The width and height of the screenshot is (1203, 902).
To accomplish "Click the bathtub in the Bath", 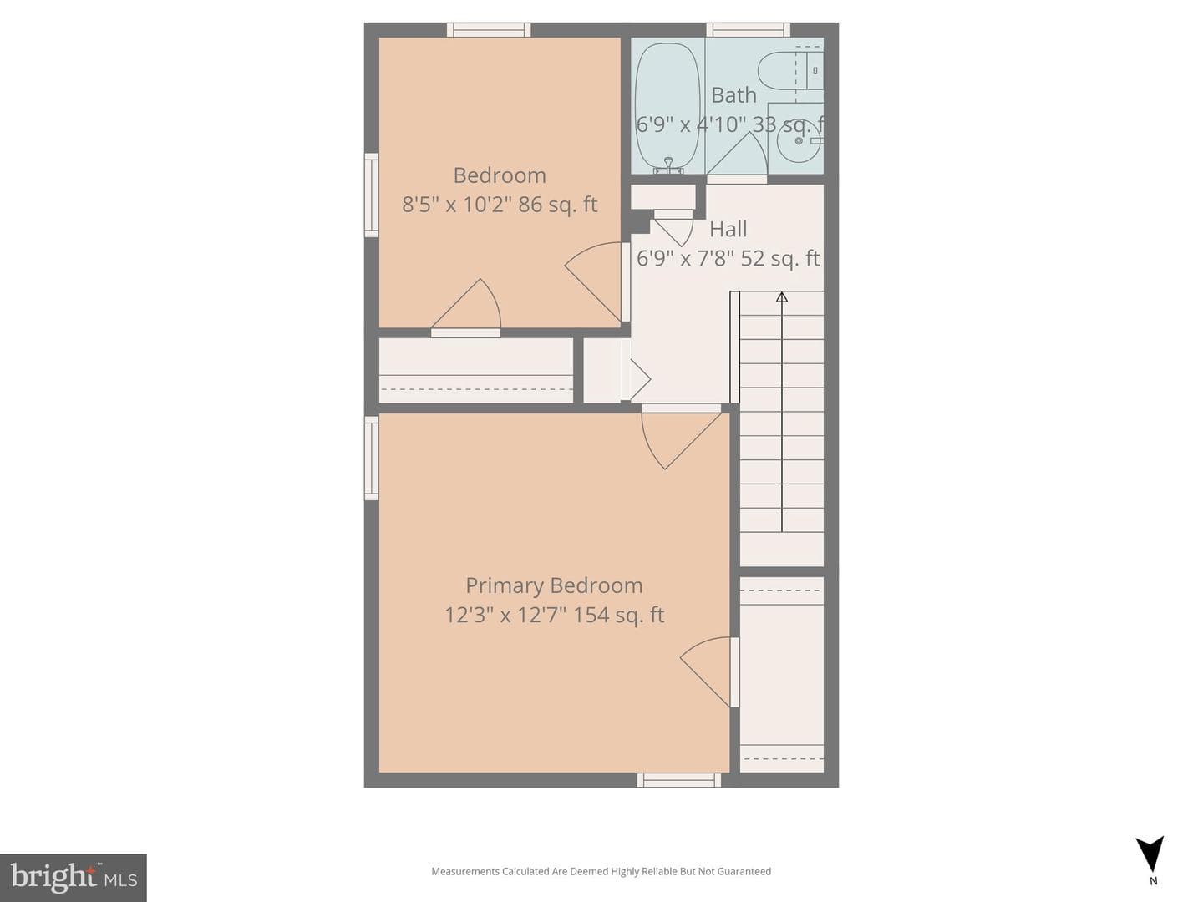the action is [667, 108].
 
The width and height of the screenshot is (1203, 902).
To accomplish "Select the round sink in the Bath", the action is [799, 141].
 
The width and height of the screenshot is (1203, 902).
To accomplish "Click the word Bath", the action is [733, 95].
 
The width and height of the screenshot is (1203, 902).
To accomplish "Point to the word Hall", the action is [728, 229].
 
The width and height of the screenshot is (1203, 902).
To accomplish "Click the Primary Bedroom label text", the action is [554, 585].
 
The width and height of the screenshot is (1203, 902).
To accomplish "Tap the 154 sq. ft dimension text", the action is [619, 615].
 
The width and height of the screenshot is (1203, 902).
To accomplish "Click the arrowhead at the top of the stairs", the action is [782, 296].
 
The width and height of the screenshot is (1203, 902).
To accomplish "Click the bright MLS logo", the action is [74, 878].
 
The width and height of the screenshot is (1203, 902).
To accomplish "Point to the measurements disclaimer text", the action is [601, 871].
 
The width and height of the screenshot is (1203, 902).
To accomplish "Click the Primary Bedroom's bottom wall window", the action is [678, 780].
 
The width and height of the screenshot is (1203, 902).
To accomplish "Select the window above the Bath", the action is [748, 30].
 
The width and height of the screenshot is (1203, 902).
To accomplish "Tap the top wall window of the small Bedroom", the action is [489, 30].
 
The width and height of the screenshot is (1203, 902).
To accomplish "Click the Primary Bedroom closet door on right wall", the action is [709, 672].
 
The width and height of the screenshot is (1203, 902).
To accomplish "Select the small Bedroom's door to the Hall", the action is [596, 282].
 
